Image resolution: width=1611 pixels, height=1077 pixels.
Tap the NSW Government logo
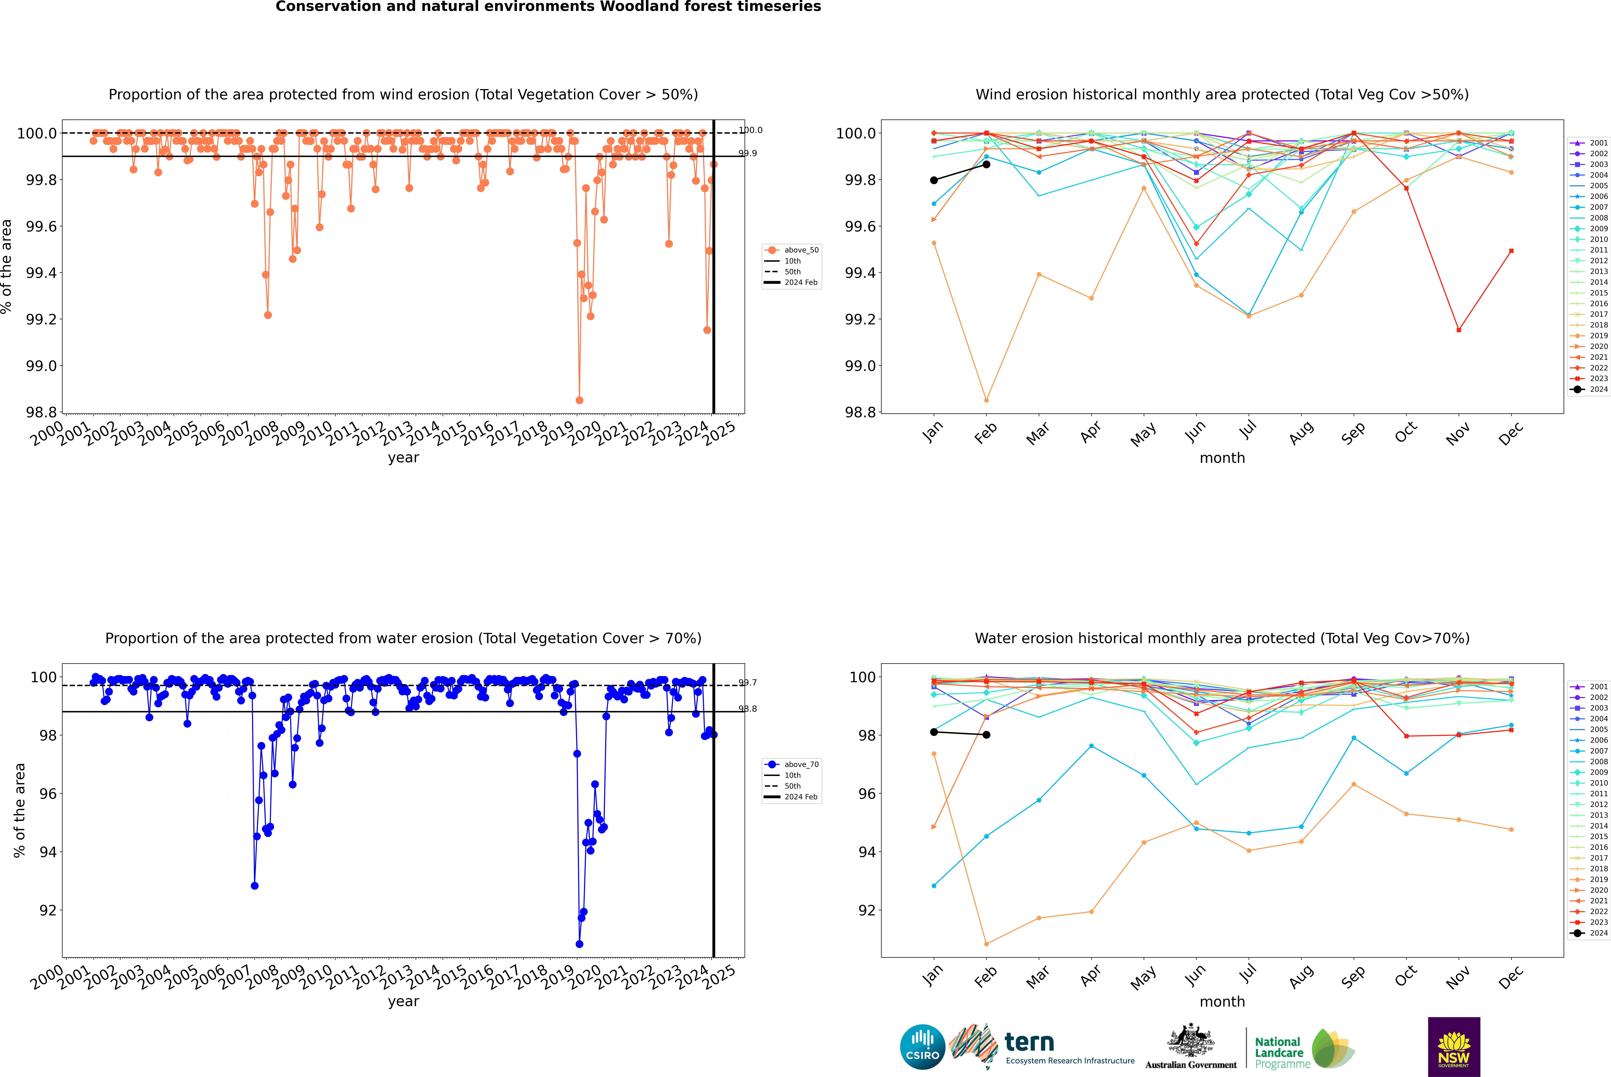point(1454,1047)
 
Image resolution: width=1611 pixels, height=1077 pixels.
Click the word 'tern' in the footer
point(1029,1042)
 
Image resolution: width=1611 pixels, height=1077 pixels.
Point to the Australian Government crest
point(1190,1041)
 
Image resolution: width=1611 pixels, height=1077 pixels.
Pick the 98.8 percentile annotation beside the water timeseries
point(748,709)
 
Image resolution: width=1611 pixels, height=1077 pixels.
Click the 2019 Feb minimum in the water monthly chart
point(986,944)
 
